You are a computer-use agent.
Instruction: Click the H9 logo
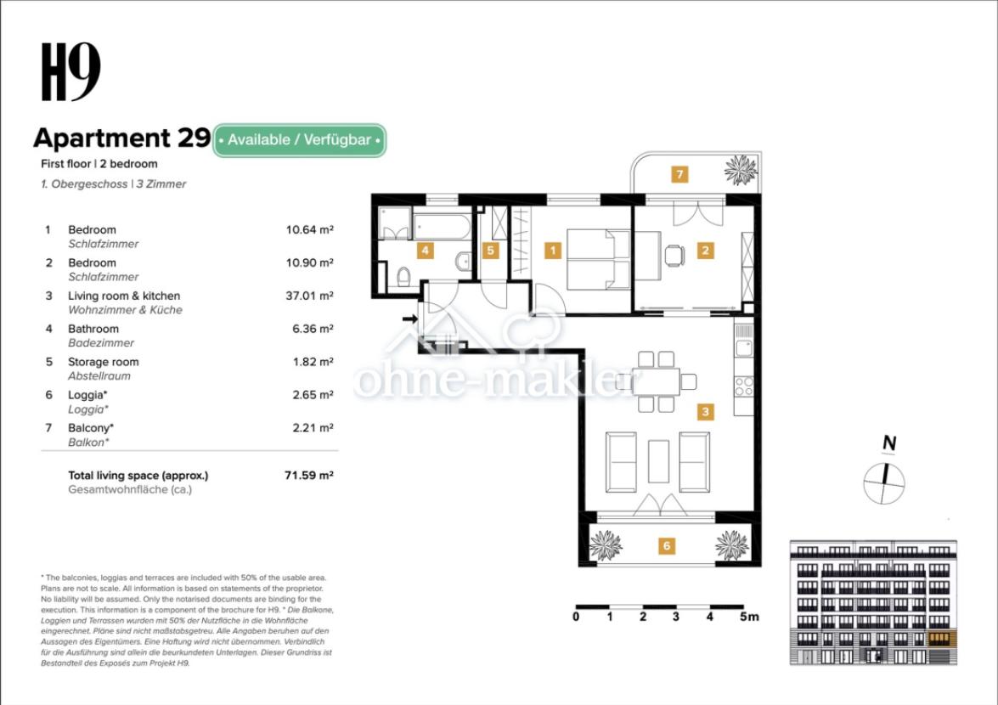[70, 72]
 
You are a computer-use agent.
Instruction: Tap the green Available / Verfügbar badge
[299, 140]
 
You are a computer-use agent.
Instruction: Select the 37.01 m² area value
[309, 296]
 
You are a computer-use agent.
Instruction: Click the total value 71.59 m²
[308, 476]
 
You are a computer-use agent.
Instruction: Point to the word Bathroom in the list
[93, 329]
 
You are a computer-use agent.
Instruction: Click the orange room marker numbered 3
[705, 412]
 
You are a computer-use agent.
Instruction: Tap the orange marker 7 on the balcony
[679, 174]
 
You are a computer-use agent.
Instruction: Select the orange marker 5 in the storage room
[490, 251]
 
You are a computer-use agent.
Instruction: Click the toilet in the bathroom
[403, 277]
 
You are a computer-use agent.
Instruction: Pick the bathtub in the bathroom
[443, 227]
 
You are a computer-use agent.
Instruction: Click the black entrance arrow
[410, 319]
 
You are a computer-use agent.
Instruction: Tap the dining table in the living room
[656, 381]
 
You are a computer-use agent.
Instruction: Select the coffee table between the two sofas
[658, 461]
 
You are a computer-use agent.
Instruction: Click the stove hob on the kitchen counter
[743, 386]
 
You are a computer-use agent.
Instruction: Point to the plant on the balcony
[741, 170]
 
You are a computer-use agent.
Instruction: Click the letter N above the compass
[889, 443]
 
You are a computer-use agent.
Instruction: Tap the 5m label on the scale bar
[750, 617]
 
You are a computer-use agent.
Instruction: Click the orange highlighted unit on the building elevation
[939, 639]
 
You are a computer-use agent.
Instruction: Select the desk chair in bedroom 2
[674, 256]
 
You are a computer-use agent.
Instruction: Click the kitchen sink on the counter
[743, 349]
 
